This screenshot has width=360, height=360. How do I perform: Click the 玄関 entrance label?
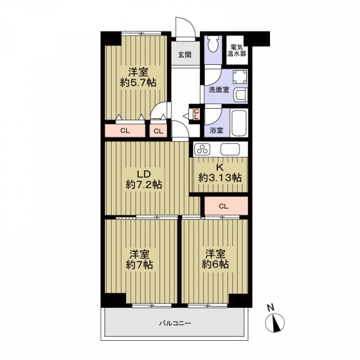click(185, 55)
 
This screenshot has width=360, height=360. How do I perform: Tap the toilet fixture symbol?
click(214, 44)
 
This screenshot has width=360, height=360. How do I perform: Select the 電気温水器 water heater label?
click(237, 50)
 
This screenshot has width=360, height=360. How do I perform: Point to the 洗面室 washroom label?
click(219, 90)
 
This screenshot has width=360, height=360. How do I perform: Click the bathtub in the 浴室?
click(239, 123)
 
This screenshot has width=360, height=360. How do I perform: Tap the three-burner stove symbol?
click(202, 149)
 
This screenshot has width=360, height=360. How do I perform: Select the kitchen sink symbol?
click(230, 149)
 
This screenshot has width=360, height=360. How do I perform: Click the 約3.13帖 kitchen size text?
click(220, 178)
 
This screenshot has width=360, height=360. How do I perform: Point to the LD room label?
click(144, 174)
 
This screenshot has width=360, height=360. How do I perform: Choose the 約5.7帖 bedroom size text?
click(138, 83)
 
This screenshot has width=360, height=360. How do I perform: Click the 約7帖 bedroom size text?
click(139, 265)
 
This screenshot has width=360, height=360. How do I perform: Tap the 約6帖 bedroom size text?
click(215, 264)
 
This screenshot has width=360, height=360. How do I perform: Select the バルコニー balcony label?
click(175, 323)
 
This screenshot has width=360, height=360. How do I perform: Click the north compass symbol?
click(275, 322)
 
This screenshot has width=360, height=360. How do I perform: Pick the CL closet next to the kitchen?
click(224, 206)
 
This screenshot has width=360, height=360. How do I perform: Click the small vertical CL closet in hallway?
click(196, 114)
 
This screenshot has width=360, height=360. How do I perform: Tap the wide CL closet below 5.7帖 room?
click(125, 131)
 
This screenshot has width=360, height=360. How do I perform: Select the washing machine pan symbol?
click(240, 77)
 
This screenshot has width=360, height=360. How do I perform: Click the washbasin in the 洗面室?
click(241, 95)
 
